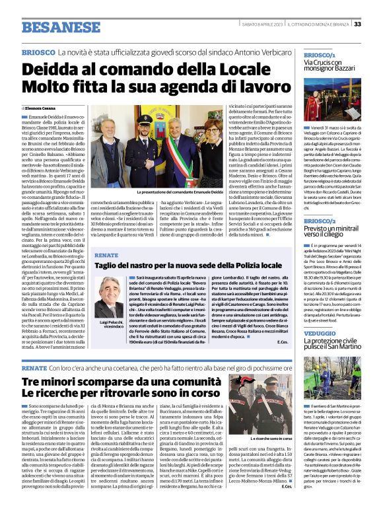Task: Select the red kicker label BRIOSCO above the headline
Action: coord(37,52)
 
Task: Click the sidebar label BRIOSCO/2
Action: coord(320,221)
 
